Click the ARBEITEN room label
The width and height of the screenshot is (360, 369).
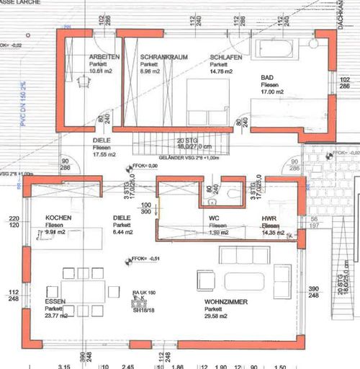[104, 56]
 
